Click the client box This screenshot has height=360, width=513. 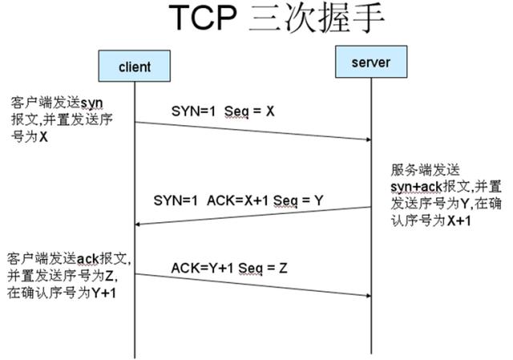point(134,65)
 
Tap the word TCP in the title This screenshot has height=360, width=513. point(208,20)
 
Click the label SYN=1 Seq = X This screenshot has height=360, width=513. point(223,111)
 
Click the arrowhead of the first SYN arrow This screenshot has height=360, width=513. point(369,140)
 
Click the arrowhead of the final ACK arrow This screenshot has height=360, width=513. point(369,296)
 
